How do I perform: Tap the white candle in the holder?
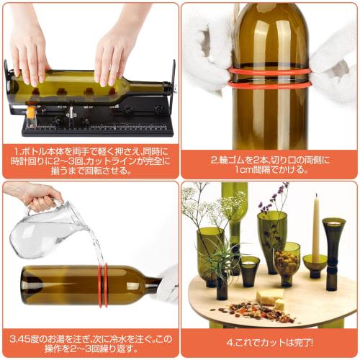pos(315,227)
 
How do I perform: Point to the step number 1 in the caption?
pos(16,152)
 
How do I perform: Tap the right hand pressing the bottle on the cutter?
pos(115,50)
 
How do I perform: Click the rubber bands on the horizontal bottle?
pos(103,285)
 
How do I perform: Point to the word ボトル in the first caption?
pos(35,152)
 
